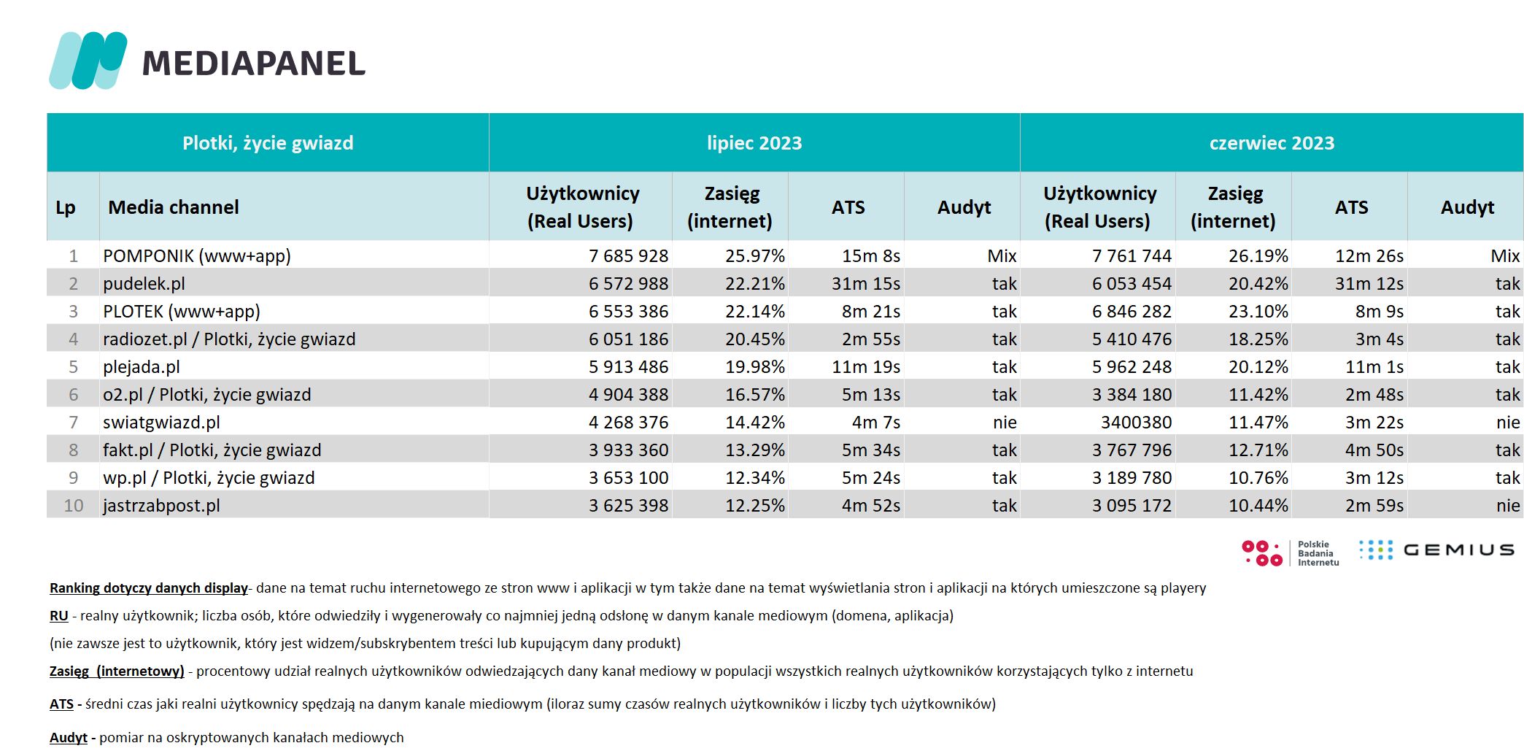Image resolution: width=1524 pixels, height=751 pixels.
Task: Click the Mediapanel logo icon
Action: pyautogui.click(x=88, y=61)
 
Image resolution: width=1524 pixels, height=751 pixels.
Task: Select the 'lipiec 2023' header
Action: pyautogui.click(x=754, y=143)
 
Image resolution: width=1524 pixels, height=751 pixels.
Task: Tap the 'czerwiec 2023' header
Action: pyautogui.click(x=1272, y=143)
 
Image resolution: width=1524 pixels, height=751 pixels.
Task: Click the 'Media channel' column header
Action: pyautogui.click(x=174, y=207)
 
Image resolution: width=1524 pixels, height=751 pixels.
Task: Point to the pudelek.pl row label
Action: pyautogui.click(x=144, y=284)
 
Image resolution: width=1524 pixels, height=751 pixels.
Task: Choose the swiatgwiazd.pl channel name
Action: pyautogui.click(x=161, y=423)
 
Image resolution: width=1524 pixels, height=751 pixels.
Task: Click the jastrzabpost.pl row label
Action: pyautogui.click(x=161, y=506)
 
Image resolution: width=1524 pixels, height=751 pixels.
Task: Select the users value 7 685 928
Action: pyautogui.click(x=628, y=256)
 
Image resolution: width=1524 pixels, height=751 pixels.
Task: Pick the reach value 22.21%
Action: pyautogui.click(x=755, y=284)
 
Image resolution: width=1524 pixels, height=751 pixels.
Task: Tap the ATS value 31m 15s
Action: pyautogui.click(x=866, y=284)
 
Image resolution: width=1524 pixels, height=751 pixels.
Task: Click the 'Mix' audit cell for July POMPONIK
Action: pyautogui.click(x=1002, y=256)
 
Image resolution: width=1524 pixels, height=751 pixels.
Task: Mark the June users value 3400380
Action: pyautogui.click(x=1136, y=423)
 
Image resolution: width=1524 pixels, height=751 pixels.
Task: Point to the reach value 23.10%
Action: pyautogui.click(x=1258, y=312)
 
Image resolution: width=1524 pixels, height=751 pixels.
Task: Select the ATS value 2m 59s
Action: pyautogui.click(x=1374, y=506)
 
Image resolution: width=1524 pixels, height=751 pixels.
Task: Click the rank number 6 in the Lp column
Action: pyautogui.click(x=73, y=395)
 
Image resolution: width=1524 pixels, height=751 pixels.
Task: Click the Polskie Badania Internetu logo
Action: pyautogui.click(x=1290, y=553)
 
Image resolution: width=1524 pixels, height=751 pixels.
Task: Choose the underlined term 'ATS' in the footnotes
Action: pyautogui.click(x=61, y=704)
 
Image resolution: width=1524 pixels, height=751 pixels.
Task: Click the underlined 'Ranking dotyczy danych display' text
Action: pyautogui.click(x=149, y=588)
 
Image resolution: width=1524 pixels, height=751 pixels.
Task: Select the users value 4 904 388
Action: pyautogui.click(x=628, y=395)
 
